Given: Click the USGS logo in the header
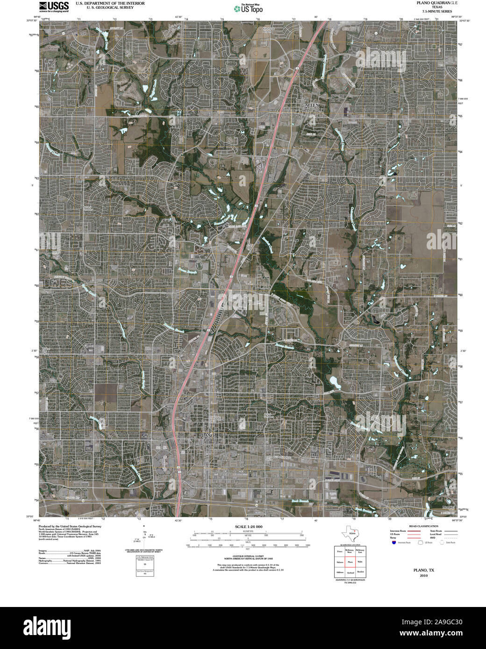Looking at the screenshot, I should [54, 6].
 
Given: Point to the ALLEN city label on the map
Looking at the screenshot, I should [312, 106].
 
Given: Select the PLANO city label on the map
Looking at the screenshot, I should [207, 435].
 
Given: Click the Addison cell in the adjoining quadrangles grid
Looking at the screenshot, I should [339, 572].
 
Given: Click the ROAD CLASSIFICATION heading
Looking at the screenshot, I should [423, 526].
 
